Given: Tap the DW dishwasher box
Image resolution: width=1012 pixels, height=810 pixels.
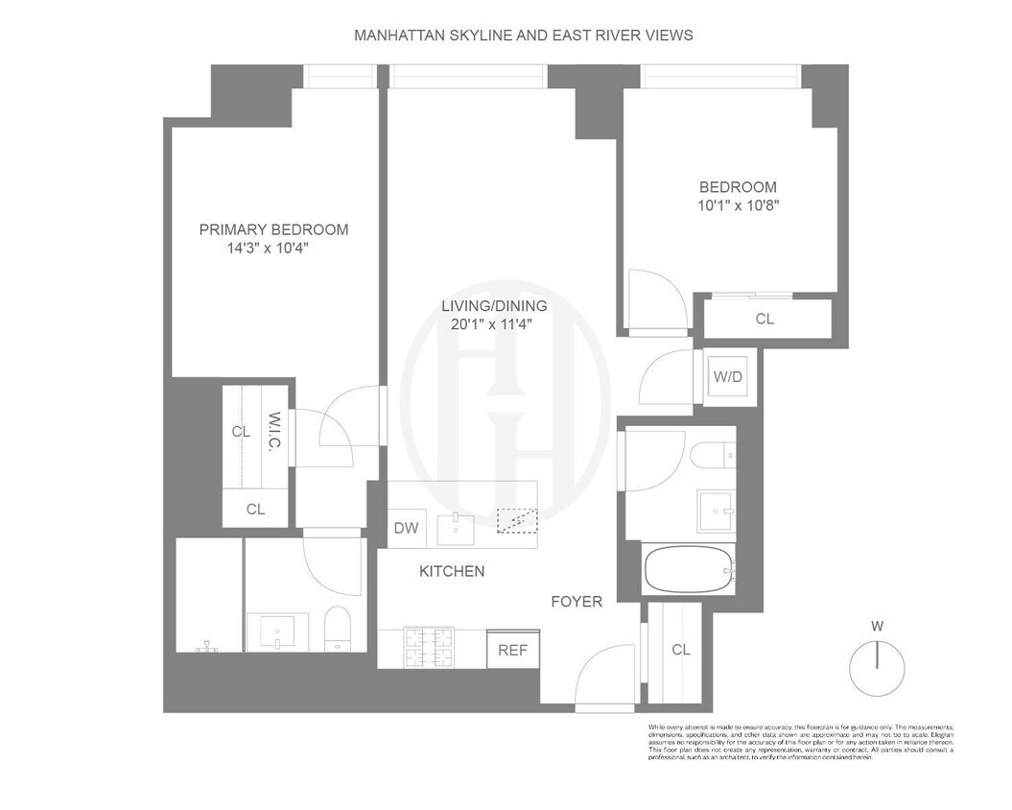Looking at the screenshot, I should click(x=406, y=528).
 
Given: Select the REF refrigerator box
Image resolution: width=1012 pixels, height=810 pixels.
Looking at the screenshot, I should click(x=512, y=650).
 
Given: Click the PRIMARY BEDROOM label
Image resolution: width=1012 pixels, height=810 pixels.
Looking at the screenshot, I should click(x=273, y=229).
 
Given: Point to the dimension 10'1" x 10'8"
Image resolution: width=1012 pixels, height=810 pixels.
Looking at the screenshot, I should click(x=738, y=205).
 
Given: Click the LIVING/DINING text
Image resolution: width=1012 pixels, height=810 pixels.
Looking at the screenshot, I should click(x=494, y=306).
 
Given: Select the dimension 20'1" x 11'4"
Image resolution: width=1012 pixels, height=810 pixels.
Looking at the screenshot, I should click(x=494, y=324).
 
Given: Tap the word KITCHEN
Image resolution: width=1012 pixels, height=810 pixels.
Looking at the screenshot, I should click(x=452, y=571).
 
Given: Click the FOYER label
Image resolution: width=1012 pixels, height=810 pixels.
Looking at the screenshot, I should click(x=577, y=602).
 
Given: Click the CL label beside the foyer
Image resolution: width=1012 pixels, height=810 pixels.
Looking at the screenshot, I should click(x=681, y=650).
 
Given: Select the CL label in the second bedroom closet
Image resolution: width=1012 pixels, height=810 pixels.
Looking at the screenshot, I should click(x=765, y=319).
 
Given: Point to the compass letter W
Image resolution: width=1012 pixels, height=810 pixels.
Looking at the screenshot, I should click(x=877, y=627).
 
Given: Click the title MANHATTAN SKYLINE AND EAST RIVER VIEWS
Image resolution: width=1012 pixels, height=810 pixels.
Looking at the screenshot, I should click(x=524, y=35).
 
